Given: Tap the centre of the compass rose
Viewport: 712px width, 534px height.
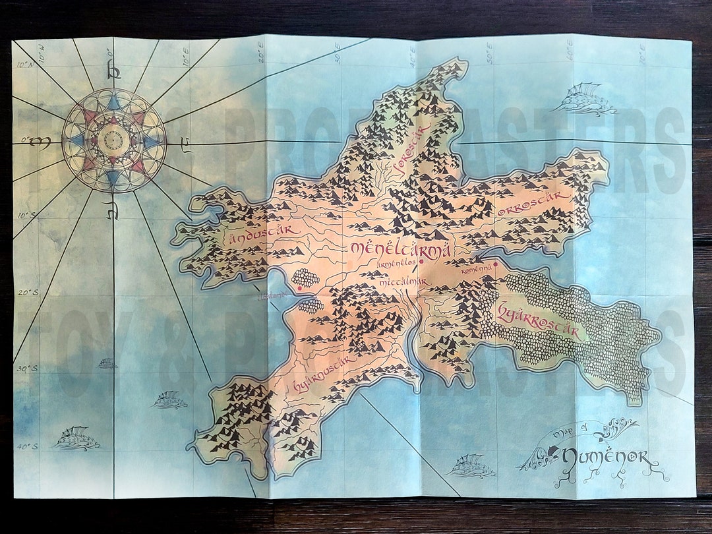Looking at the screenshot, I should pos(114,140).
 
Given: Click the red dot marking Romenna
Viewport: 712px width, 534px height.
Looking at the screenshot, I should pos(495,266).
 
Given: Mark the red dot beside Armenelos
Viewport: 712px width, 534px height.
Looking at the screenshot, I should pos(421,261).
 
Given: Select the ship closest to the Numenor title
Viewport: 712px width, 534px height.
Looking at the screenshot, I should pos(470,466).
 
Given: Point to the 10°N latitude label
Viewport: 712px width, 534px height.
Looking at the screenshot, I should pos(25,65).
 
